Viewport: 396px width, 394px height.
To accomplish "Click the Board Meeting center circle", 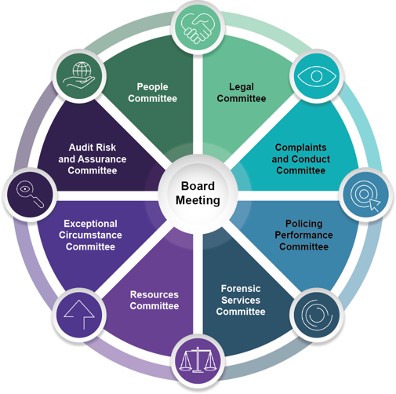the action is click(198, 194).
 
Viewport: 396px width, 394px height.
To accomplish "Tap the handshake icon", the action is click(198, 28).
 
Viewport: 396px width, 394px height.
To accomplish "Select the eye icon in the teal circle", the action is click(317, 76).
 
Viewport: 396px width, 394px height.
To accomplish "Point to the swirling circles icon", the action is click(317, 315).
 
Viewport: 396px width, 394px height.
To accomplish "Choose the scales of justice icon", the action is click(198, 359).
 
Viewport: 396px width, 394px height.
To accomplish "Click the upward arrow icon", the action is click(79, 315).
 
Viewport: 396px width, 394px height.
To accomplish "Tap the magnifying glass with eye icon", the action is click(30, 194).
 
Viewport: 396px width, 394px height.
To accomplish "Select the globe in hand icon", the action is click(79, 75).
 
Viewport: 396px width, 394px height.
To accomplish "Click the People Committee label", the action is click(152, 93).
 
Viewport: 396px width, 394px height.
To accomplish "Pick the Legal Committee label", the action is click(242, 93).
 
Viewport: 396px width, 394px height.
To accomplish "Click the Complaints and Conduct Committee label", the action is click(300, 159).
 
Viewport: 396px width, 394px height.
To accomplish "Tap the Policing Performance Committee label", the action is click(303, 235).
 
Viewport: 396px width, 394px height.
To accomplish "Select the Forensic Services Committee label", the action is click(241, 300).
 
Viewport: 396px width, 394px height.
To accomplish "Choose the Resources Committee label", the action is click(154, 300).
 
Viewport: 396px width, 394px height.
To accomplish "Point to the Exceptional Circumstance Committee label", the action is click(90, 235).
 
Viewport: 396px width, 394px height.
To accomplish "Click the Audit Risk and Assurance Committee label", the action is click(93, 159).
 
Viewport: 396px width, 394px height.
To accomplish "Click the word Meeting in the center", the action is click(198, 200).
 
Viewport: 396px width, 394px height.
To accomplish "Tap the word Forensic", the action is click(241, 289).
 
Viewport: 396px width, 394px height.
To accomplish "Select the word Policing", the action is click(303, 224).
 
